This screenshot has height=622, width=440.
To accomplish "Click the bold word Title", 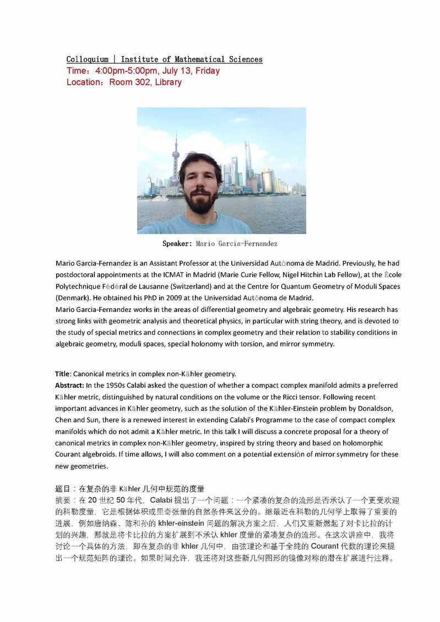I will [62, 374].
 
